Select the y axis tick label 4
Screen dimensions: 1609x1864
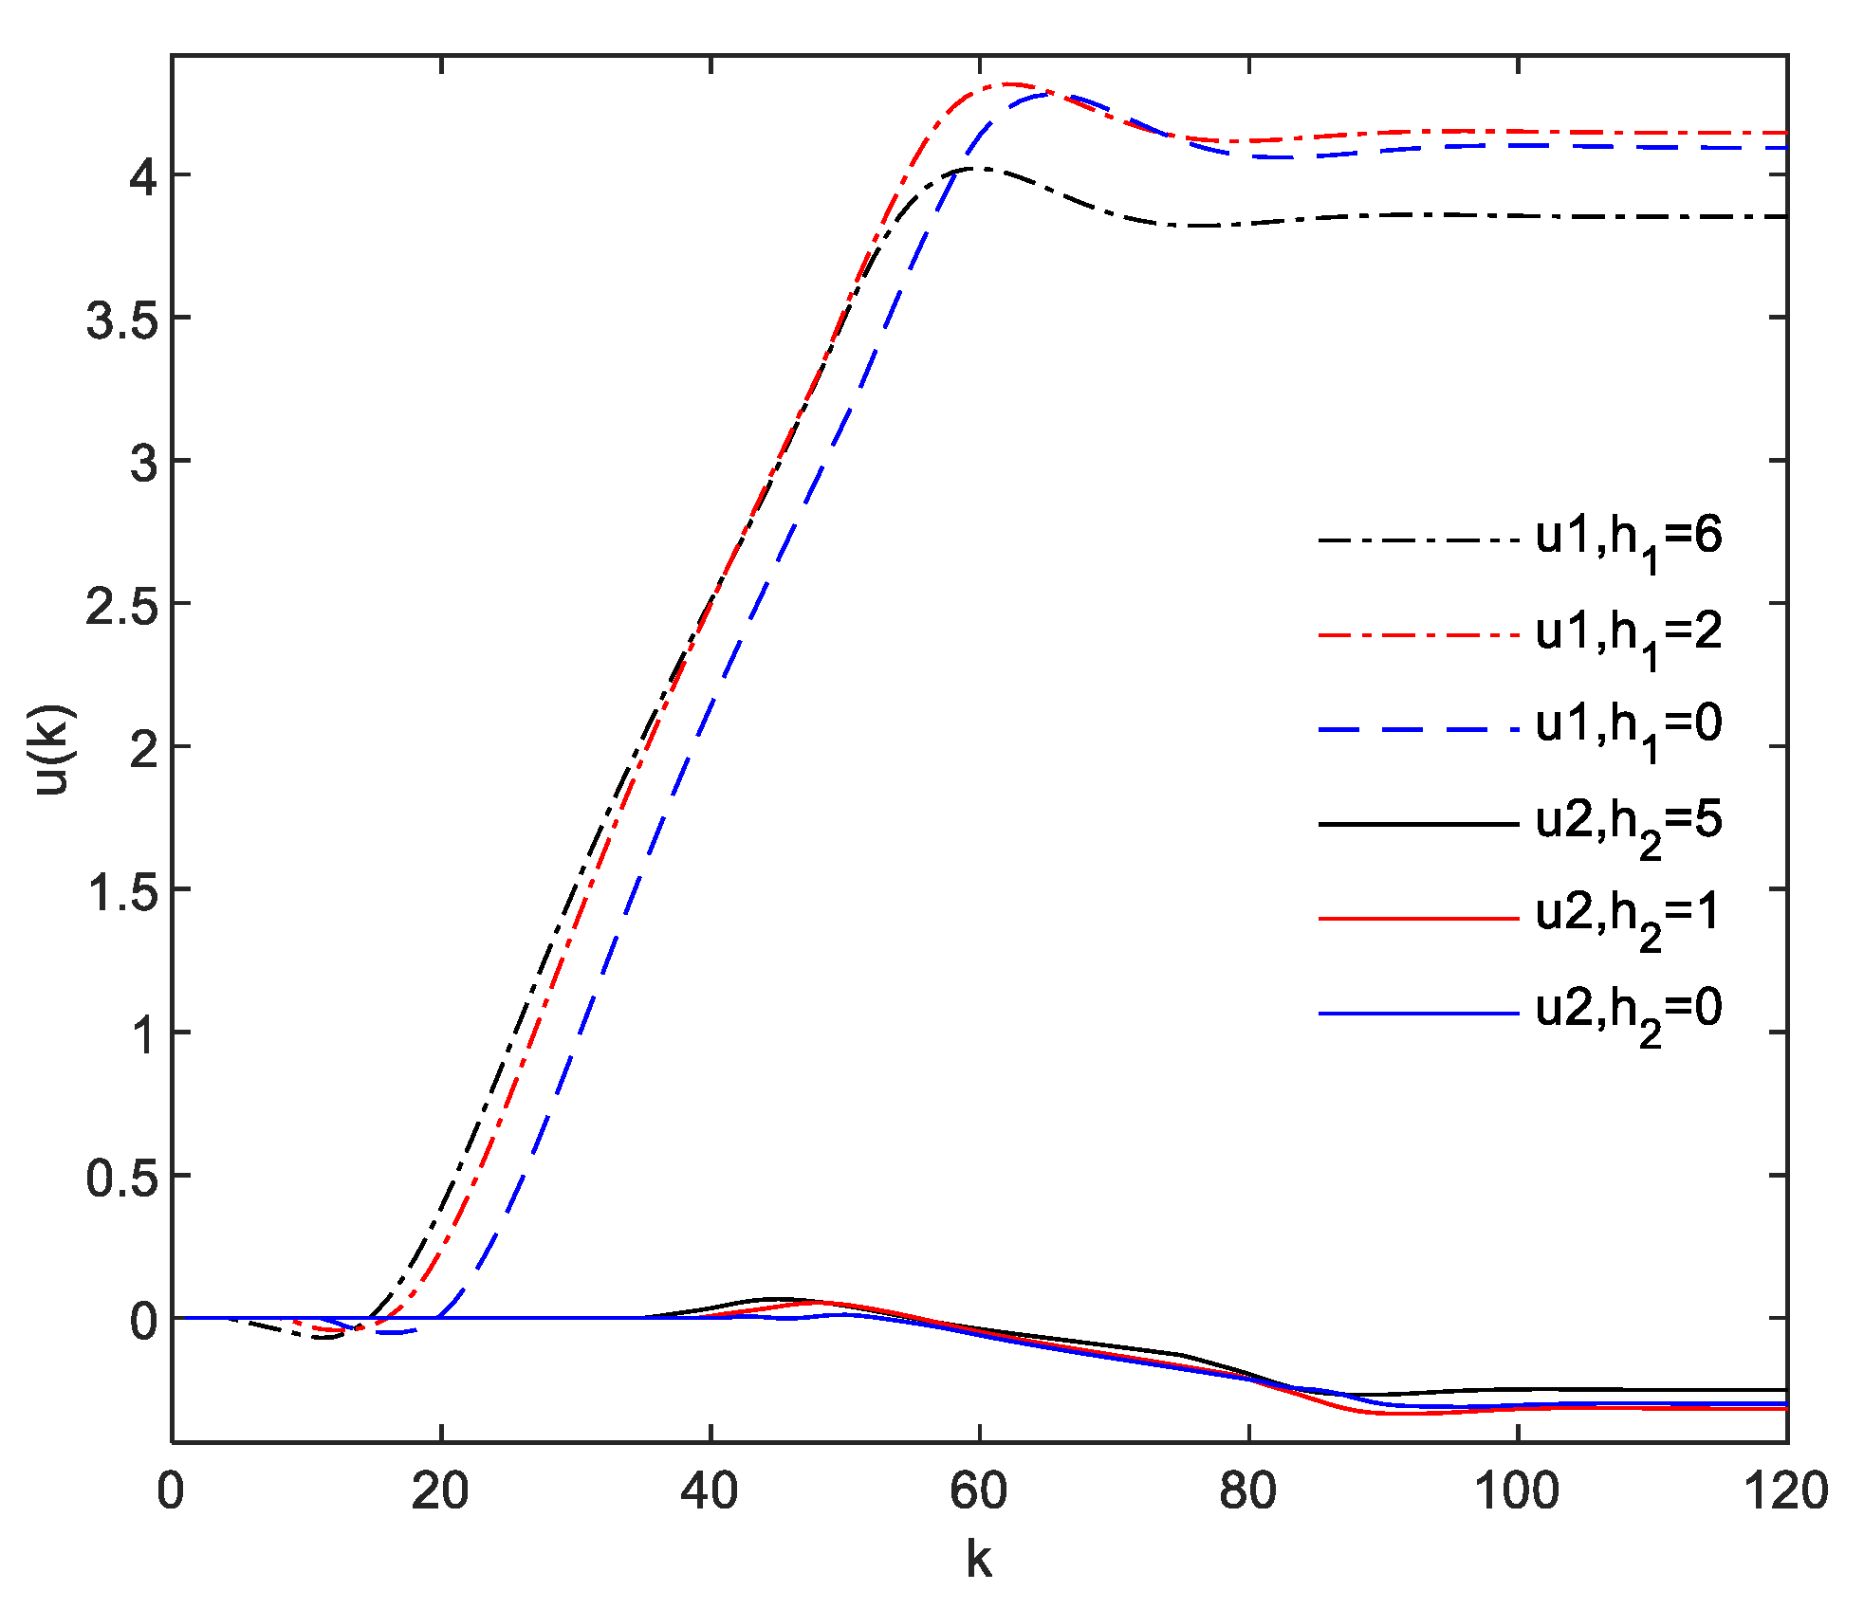[143, 176]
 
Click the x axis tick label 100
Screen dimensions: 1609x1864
[1517, 1490]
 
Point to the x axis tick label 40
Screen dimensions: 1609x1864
[710, 1490]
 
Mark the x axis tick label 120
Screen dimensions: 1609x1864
[1785, 1490]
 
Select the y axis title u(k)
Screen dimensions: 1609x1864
[52, 748]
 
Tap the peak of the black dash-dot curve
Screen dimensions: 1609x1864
[975, 169]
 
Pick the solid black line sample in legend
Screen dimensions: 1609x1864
[1418, 824]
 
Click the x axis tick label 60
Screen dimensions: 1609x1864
[979, 1490]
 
